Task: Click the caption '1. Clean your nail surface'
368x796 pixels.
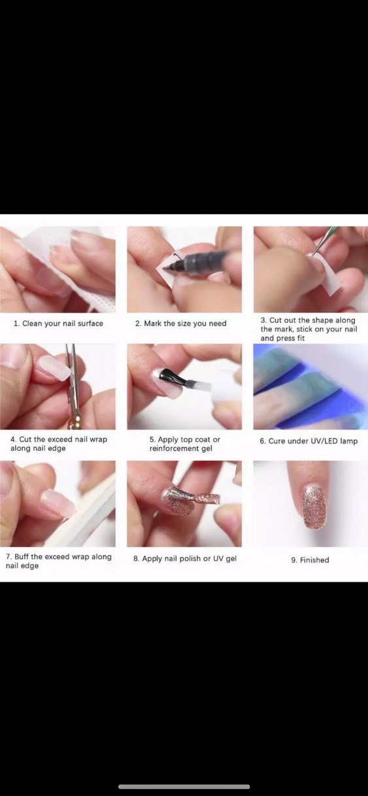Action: [58, 323]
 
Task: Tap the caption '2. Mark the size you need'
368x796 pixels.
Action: [180, 323]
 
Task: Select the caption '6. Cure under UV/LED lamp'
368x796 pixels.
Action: [309, 441]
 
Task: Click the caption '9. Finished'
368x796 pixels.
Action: [310, 559]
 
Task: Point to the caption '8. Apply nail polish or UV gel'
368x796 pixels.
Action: [185, 558]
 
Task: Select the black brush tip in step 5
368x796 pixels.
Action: [173, 378]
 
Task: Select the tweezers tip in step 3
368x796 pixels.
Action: [314, 253]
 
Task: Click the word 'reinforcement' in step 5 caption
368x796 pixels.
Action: [173, 448]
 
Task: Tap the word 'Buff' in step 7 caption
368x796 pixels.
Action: [22, 557]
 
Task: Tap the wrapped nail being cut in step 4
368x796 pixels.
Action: [54, 369]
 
